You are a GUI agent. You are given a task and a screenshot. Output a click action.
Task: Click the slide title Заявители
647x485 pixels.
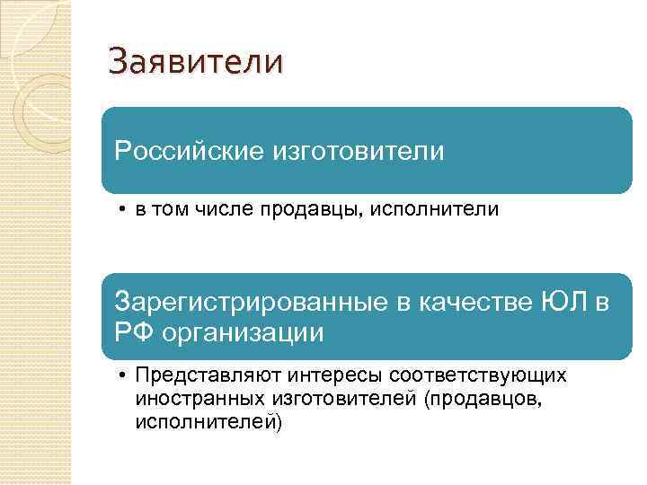[x=195, y=63]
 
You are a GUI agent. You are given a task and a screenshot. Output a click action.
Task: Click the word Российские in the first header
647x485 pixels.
[x=184, y=151]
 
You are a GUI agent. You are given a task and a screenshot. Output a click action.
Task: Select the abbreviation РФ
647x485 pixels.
[x=132, y=333]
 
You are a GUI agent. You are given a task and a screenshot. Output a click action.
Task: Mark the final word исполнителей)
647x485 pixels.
[x=208, y=421]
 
